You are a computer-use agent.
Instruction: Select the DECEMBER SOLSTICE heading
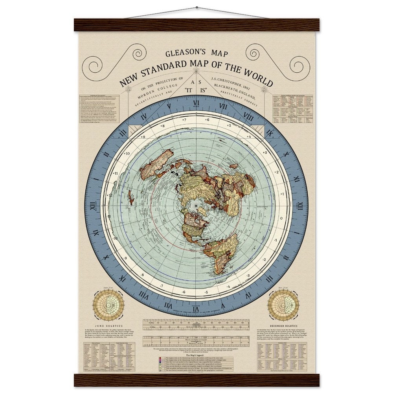(284, 326)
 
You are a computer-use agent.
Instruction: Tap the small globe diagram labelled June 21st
(108, 305)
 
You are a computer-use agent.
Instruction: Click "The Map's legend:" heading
(196, 355)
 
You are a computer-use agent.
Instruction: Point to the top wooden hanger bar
(196, 25)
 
